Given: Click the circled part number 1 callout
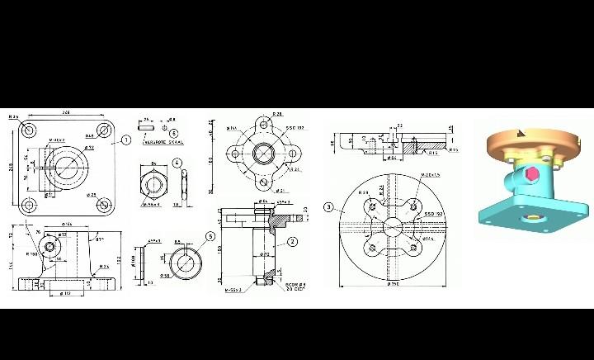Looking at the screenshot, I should [126, 140].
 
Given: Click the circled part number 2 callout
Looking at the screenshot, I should [292, 242].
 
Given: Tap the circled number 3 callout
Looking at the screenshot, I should [328, 207].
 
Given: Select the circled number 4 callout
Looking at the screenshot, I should [177, 163].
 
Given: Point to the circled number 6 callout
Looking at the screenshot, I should [174, 133].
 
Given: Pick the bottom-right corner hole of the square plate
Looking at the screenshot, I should [105, 204].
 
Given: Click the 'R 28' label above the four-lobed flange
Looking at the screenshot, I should [278, 114].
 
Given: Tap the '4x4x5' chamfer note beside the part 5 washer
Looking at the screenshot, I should [153, 241].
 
